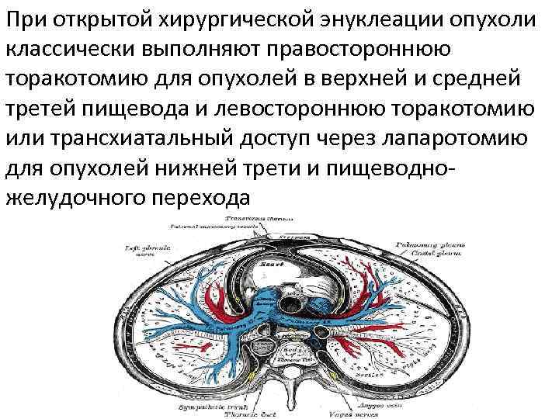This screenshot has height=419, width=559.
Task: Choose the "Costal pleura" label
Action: [x=436, y=253]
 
